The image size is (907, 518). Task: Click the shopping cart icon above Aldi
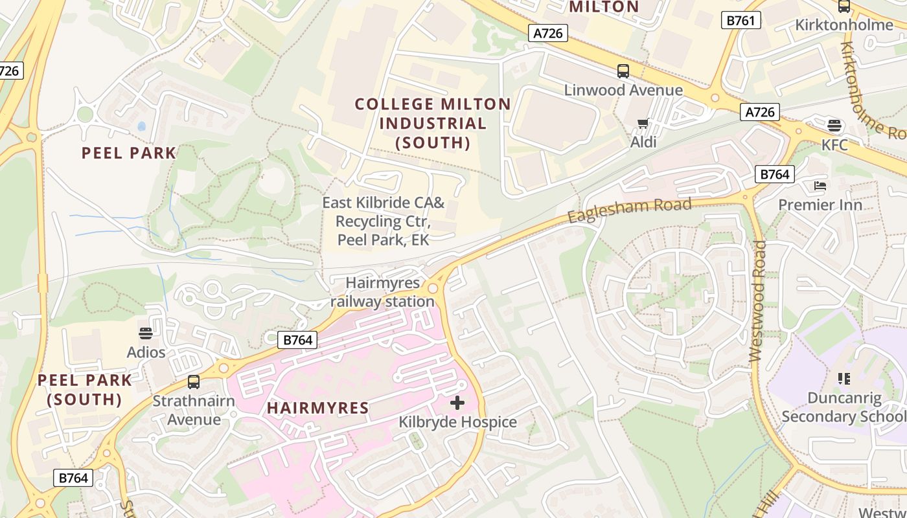click(643, 123)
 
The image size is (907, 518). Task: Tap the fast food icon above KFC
click(834, 125)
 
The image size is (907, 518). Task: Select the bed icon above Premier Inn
click(820, 186)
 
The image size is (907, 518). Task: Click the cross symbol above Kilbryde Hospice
click(457, 403)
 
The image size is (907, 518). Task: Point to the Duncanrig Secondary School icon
click(844, 378)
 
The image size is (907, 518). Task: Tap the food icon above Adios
click(146, 333)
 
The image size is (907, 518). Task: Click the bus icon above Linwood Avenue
click(623, 71)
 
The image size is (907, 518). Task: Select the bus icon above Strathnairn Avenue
click(193, 381)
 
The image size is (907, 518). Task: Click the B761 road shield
click(741, 21)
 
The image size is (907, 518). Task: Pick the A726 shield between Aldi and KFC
click(760, 112)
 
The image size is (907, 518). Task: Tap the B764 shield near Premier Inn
click(774, 174)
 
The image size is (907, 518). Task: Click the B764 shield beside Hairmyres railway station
click(298, 339)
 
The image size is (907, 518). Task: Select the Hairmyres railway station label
click(382, 292)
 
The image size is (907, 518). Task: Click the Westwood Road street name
click(757, 301)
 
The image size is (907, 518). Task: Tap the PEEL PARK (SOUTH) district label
click(85, 390)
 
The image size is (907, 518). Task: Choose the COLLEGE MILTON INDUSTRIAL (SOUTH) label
click(433, 123)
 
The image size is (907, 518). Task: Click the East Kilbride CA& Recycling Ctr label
click(384, 221)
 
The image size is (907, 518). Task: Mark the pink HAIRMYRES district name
click(318, 408)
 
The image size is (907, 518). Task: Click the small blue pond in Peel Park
click(142, 126)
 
